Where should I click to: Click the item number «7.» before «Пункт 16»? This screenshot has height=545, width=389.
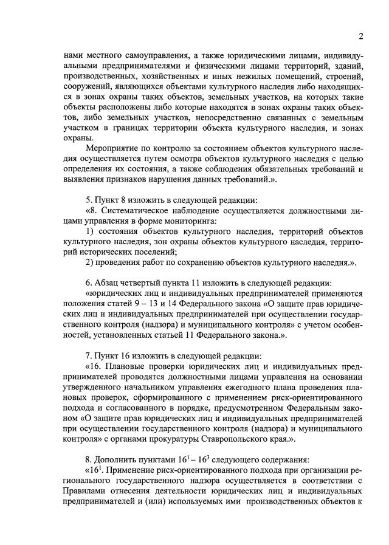click(89, 355)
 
